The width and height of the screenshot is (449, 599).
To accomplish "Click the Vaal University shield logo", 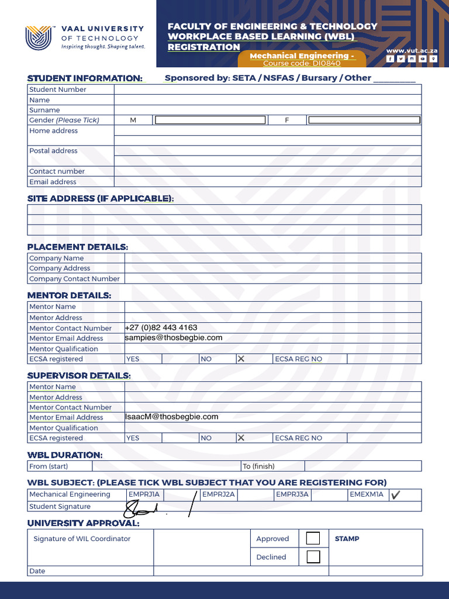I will [x=39, y=37].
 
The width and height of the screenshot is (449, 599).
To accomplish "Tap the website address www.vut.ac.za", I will [x=412, y=51].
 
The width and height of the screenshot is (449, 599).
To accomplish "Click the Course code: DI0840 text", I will [x=302, y=63].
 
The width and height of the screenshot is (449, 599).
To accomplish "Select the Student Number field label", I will [x=58, y=89].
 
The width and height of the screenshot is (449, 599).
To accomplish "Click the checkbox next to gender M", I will [x=209, y=120].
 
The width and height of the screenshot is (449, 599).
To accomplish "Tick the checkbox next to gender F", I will [x=364, y=120].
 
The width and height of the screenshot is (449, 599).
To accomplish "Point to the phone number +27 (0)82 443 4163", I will [x=161, y=328].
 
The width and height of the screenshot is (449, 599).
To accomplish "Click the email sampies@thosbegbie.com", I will [x=174, y=338].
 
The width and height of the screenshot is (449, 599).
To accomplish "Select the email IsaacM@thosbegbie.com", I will [x=171, y=416].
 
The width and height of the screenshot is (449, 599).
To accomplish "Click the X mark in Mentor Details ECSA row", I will [x=241, y=359].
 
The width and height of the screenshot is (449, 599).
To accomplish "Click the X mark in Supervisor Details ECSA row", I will [x=241, y=438].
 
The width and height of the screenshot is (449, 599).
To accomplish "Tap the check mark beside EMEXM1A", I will [x=396, y=495].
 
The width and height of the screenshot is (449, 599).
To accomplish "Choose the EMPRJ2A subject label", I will [x=218, y=494].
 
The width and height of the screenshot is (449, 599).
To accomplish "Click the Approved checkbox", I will [x=313, y=538].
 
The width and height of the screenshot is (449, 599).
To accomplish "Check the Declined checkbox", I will [x=313, y=556].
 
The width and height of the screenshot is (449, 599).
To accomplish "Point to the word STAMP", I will [x=347, y=539].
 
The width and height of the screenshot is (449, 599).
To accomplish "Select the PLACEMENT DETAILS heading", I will [x=77, y=247].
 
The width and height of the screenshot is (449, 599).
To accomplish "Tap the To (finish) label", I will [x=258, y=466].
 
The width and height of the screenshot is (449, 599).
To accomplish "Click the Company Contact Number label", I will [x=74, y=279].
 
